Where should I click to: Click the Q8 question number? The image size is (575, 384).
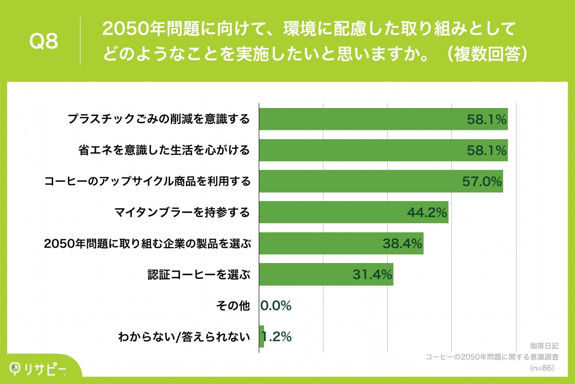[x=44, y=41]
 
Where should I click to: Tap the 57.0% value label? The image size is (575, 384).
[x=482, y=181]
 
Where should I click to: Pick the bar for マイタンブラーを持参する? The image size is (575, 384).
[x=335, y=212]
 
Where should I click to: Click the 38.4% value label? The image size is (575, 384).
[x=402, y=243]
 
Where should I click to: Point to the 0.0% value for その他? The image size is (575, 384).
[x=276, y=305]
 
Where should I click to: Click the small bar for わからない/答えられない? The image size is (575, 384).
[x=262, y=336]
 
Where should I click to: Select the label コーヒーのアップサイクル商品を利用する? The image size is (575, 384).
[x=147, y=181]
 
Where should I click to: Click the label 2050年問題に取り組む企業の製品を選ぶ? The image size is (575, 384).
[x=147, y=243]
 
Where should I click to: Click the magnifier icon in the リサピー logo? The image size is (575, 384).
[x=15, y=368]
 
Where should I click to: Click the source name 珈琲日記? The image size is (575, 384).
[x=542, y=346]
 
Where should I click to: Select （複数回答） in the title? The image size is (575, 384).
[x=483, y=54]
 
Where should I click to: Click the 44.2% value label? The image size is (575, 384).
[x=427, y=212]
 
